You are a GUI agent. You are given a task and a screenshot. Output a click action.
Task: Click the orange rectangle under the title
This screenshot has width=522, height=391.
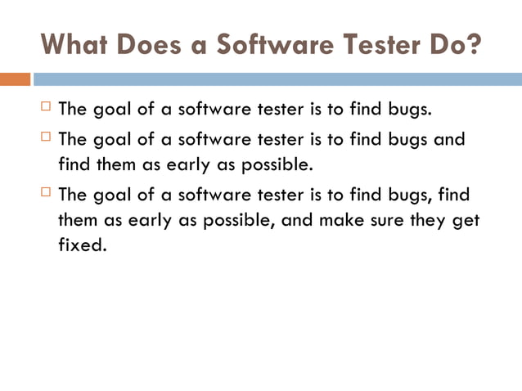click(15, 79)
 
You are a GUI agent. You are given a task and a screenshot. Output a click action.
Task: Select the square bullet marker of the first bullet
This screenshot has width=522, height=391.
click(45, 107)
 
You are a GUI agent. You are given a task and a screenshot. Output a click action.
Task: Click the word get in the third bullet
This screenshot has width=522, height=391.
click(466, 221)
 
